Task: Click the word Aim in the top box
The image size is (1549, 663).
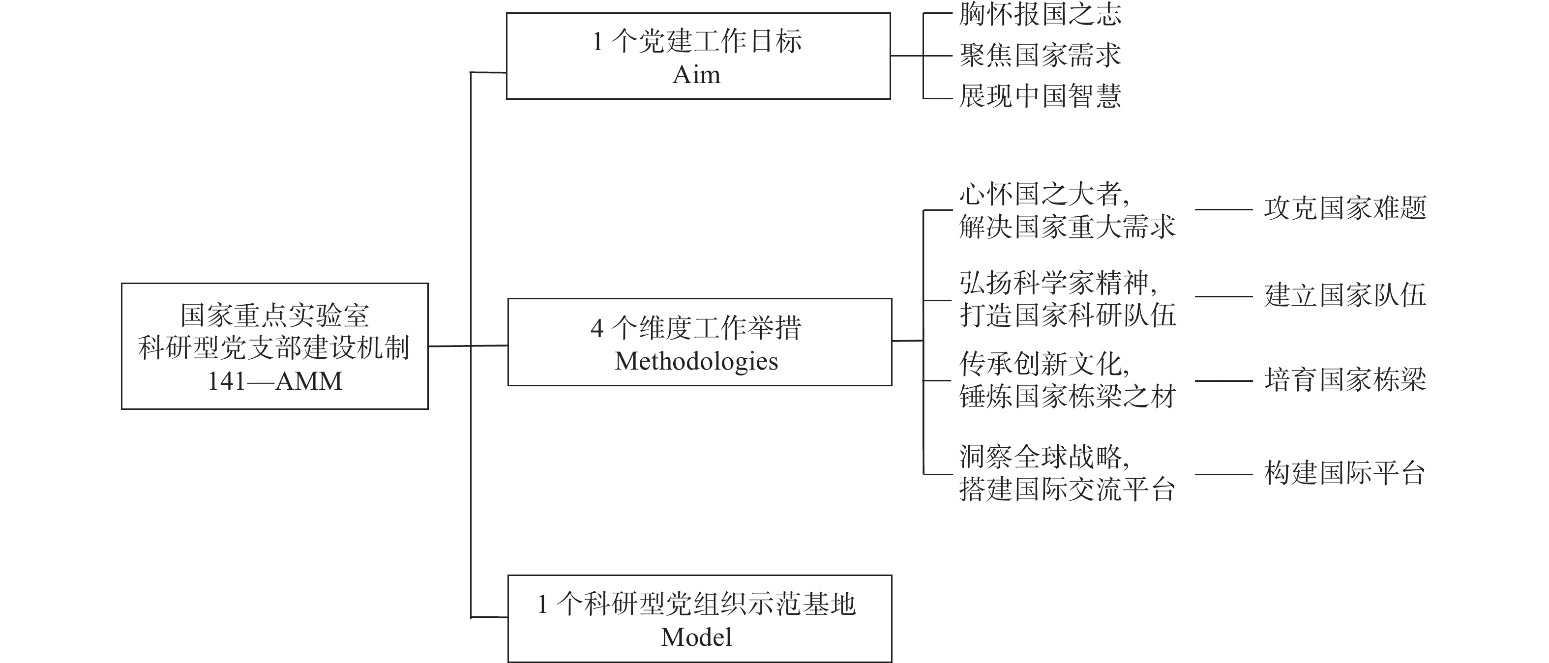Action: [696, 75]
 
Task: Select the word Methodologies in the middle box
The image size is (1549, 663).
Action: [696, 361]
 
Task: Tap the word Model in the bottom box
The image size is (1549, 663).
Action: [696, 637]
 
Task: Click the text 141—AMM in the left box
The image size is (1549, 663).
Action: [275, 381]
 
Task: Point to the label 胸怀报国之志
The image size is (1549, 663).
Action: [1040, 14]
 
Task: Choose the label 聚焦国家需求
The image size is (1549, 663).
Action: [1040, 56]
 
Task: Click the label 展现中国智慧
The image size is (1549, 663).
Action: [1040, 95]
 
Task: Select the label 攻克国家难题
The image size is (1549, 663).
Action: [1345, 208]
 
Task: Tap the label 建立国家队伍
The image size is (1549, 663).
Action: [1345, 295]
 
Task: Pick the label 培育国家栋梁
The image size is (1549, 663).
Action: [1345, 380]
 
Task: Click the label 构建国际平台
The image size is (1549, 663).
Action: [1345, 473]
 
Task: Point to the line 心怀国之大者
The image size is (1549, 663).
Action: [1044, 194]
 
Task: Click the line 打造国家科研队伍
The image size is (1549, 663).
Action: [1068, 316]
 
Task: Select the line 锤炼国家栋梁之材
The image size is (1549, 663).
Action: [1068, 397]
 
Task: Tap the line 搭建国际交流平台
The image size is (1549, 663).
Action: [1068, 490]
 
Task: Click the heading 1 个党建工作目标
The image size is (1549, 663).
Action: [697, 41]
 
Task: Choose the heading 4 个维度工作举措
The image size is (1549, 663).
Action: [696, 328]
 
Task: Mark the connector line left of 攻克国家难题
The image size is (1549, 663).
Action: [1223, 210]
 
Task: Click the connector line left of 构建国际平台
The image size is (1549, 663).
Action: [1223, 475]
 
